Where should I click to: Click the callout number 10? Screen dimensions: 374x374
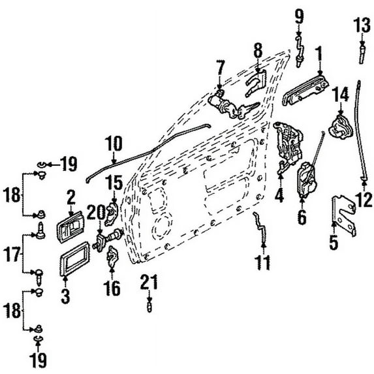pyautogui.click(x=114, y=144)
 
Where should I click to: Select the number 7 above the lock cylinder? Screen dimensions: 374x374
pyautogui.click(x=220, y=68)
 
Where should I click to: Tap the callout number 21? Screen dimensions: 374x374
pyautogui.click(x=149, y=282)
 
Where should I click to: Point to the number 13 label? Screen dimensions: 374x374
pyautogui.click(x=362, y=25)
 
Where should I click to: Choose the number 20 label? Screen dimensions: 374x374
pyautogui.click(x=97, y=212)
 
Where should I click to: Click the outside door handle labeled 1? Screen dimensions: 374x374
pyautogui.click(x=305, y=91)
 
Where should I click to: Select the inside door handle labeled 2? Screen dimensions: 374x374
pyautogui.click(x=70, y=227)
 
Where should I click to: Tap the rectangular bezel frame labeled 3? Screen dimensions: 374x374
pyautogui.click(x=74, y=258)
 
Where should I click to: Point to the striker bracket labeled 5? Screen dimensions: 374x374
pyautogui.click(x=343, y=215)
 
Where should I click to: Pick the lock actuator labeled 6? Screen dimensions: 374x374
pyautogui.click(x=307, y=179)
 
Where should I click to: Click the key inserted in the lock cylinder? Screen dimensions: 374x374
pyautogui.click(x=248, y=109)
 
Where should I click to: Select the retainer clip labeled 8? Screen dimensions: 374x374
pyautogui.click(x=256, y=83)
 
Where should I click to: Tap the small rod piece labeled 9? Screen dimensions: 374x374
pyautogui.click(x=300, y=51)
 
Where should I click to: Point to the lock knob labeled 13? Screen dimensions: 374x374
pyautogui.click(x=362, y=54)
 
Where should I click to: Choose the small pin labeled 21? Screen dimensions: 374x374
pyautogui.click(x=149, y=307)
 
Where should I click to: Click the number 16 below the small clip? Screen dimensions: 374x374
pyautogui.click(x=112, y=288)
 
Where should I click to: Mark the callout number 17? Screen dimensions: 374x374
pyautogui.click(x=12, y=255)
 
